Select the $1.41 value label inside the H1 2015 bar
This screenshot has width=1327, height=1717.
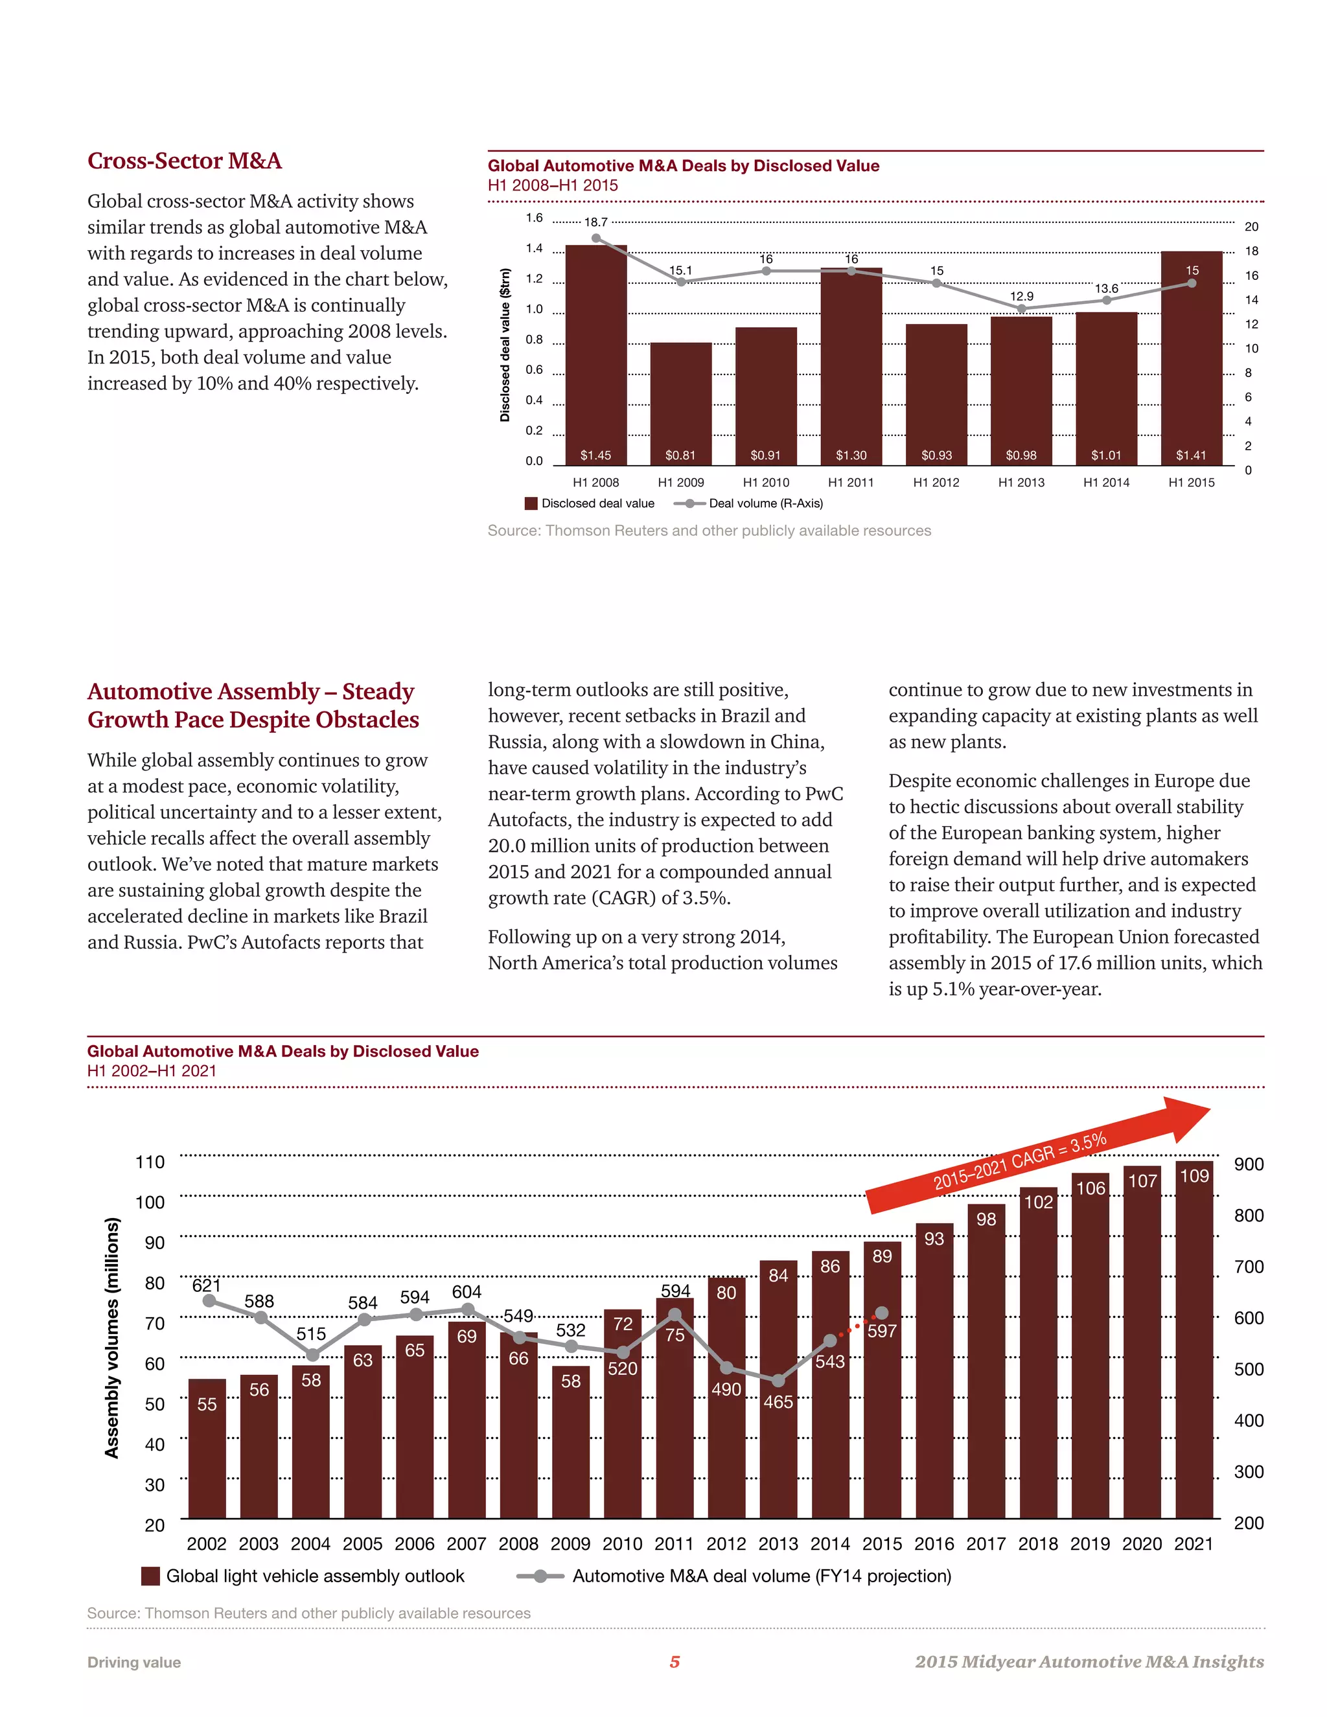[x=1191, y=455]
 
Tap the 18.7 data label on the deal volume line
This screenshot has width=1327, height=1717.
[x=596, y=222]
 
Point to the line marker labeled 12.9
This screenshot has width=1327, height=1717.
[x=1021, y=309]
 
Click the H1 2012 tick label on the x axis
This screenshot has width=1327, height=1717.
[x=936, y=483]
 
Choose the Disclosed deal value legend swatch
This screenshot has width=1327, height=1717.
[x=531, y=503]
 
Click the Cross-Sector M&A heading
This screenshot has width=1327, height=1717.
[x=184, y=161]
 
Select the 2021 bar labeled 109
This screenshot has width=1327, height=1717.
[x=1194, y=1344]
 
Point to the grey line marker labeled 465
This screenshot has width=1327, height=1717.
[x=778, y=1381]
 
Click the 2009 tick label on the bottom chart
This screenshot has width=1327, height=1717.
[x=571, y=1544]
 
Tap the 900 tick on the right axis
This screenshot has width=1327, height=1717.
[x=1249, y=1164]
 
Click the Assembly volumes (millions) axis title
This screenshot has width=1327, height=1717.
[x=112, y=1337]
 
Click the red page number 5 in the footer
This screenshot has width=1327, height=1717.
[x=675, y=1662]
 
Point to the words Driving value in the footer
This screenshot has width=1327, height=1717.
[x=133, y=1663]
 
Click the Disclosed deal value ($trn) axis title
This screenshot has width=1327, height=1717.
[x=505, y=345]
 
